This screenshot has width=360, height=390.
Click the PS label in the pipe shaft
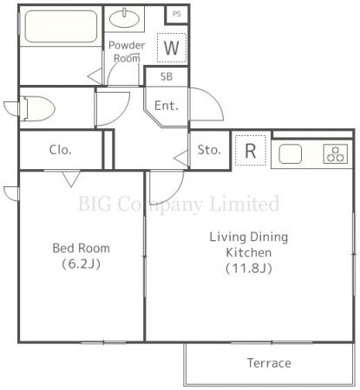(176, 14)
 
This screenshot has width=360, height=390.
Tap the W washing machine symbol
(172, 48)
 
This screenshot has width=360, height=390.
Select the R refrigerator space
(251, 151)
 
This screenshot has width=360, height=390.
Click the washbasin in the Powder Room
(125, 18)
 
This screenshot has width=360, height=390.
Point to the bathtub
(61, 26)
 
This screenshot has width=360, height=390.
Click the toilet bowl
(36, 108)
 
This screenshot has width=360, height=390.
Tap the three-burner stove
(336, 154)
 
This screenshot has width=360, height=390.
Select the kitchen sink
(291, 154)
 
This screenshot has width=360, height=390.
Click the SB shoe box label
(167, 76)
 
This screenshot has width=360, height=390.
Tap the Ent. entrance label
(167, 106)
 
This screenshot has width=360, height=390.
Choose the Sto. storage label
(209, 150)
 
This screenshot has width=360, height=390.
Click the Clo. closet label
(60, 150)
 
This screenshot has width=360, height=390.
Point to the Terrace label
(269, 363)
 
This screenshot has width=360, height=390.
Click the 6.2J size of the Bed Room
(82, 263)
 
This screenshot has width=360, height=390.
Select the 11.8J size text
(249, 269)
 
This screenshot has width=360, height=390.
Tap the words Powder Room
(127, 52)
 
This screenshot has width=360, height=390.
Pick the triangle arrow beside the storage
(181, 159)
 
